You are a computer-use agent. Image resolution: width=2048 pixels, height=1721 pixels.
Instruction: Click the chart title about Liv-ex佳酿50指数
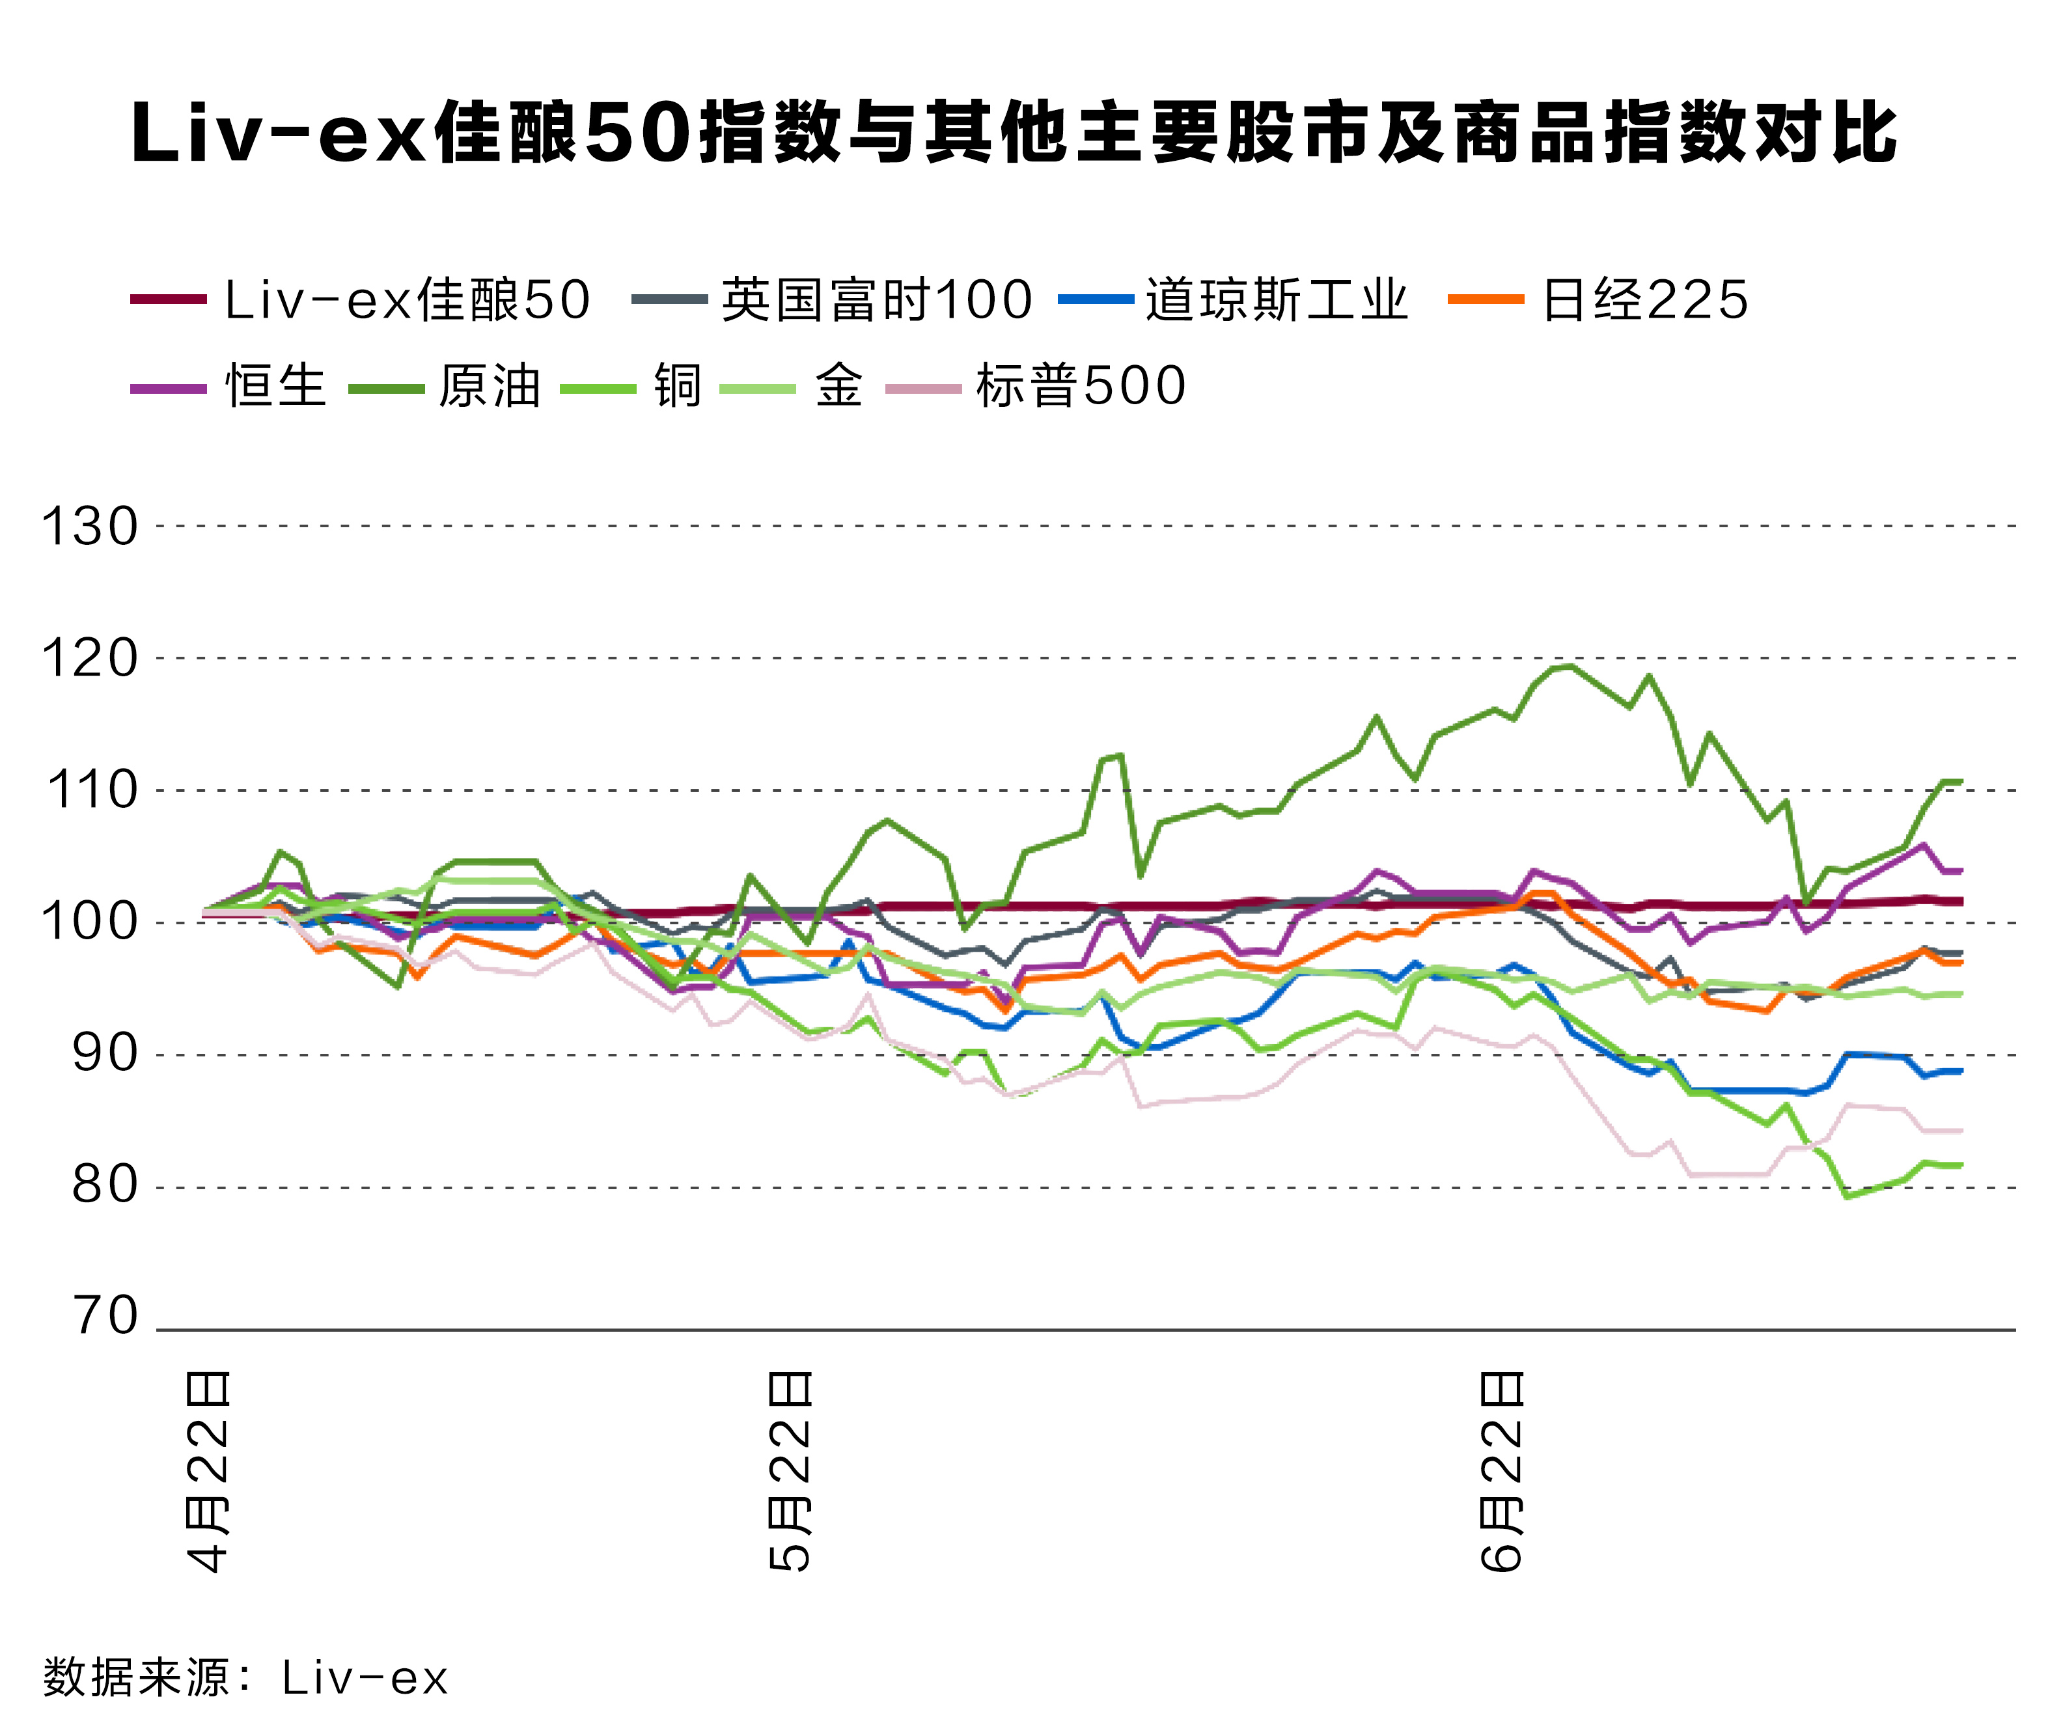coord(1015,133)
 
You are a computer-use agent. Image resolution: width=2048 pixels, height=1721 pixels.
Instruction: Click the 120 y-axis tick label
coord(90,659)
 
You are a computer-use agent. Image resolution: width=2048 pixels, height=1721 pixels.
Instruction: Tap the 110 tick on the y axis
coord(92,792)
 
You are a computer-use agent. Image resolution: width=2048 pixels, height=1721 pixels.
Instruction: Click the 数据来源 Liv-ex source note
coord(245,1678)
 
